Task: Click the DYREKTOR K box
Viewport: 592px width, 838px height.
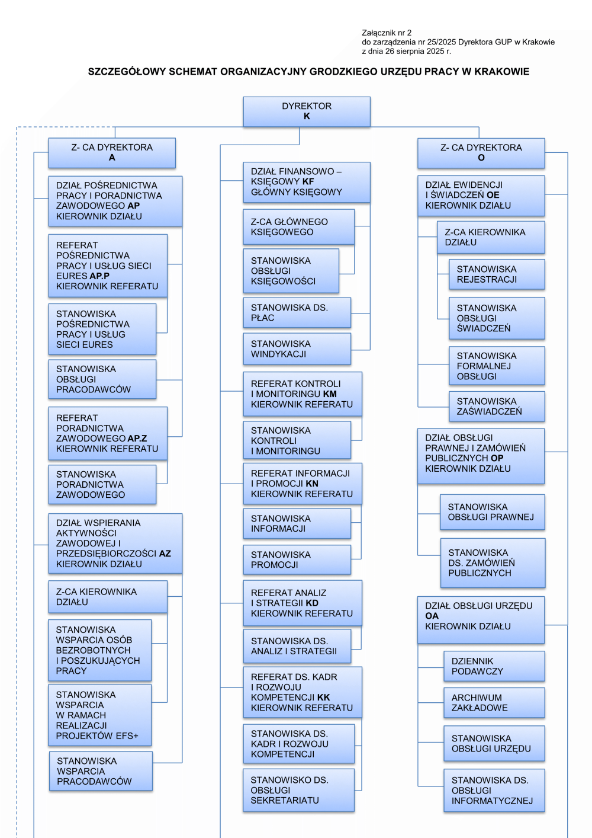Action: (x=307, y=111)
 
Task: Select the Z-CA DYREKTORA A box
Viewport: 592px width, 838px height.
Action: (x=112, y=153)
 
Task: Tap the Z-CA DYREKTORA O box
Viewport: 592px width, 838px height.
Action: (x=481, y=153)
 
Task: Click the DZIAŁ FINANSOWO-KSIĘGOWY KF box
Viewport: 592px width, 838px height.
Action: (x=307, y=182)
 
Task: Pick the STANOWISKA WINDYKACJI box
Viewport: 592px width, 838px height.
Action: (x=297, y=348)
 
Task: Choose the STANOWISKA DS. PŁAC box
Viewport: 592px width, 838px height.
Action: (x=297, y=312)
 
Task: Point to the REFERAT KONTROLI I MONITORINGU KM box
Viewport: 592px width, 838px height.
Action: (x=303, y=394)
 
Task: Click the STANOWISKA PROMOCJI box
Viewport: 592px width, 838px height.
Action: (x=297, y=559)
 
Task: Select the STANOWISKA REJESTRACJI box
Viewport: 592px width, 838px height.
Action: (x=497, y=274)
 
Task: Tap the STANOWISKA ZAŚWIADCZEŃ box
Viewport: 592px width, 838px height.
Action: (x=497, y=406)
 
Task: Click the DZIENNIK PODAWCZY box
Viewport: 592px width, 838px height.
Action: (x=494, y=666)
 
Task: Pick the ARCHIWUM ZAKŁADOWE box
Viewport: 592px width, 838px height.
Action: (x=494, y=702)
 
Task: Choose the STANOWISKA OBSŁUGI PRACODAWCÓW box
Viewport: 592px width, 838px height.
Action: (x=102, y=379)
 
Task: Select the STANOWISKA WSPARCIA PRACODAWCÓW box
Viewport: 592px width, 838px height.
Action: (x=101, y=771)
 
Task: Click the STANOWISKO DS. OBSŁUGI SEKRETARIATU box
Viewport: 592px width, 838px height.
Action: (x=298, y=790)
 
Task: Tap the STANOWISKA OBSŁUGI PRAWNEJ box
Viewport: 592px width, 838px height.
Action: (x=492, y=512)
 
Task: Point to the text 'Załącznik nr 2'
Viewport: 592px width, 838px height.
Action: (x=387, y=33)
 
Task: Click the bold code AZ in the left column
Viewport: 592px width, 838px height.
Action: (x=165, y=554)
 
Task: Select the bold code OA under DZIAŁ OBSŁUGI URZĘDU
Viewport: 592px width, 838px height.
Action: (x=432, y=616)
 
